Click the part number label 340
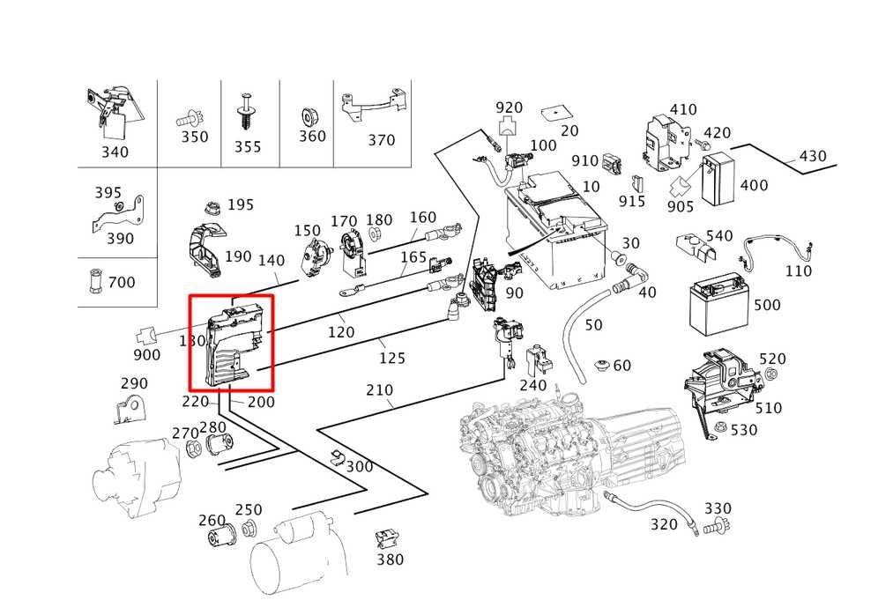tap(115, 152)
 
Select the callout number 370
tap(382, 140)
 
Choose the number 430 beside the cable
tap(813, 156)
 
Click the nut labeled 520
tap(770, 374)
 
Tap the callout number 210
tap(380, 390)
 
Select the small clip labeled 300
tap(337, 456)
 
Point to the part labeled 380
tap(383, 539)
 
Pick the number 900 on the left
tap(146, 355)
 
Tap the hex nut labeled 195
tap(212, 207)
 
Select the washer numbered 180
tap(374, 234)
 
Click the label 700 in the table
tap(122, 282)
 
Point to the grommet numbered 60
tap(602, 365)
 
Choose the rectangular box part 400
tap(718, 179)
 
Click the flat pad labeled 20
tap(554, 114)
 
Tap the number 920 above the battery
tap(509, 107)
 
